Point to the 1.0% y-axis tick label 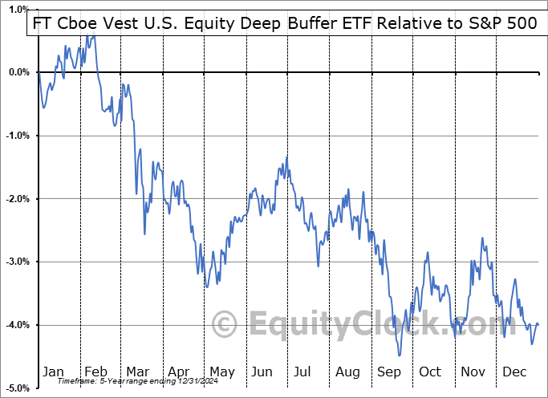coord(18,9)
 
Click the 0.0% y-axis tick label coord(18,72)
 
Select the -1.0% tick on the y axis coord(17,136)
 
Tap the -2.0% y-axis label coord(17,199)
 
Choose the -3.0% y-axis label coord(17,262)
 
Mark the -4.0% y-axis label coord(17,325)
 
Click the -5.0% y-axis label coord(17,388)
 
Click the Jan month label coord(53,372)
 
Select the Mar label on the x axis coord(137,372)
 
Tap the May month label coord(222,372)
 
